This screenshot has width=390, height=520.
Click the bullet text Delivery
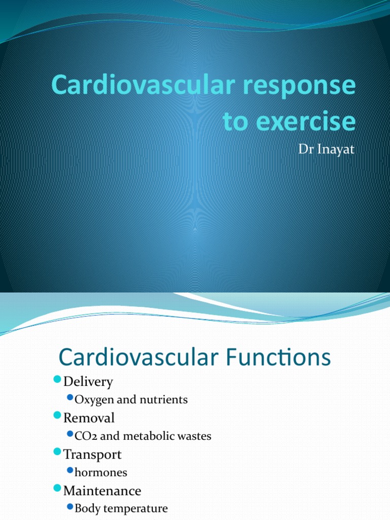click(88, 381)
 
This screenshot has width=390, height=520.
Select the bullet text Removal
click(89, 418)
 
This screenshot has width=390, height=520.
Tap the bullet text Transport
click(92, 454)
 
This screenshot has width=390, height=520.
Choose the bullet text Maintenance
click(102, 491)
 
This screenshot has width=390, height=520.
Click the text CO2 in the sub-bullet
click(84, 436)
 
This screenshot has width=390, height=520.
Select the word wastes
click(194, 436)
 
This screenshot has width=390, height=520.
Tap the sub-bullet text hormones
click(101, 472)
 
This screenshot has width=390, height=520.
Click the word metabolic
click(147, 436)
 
